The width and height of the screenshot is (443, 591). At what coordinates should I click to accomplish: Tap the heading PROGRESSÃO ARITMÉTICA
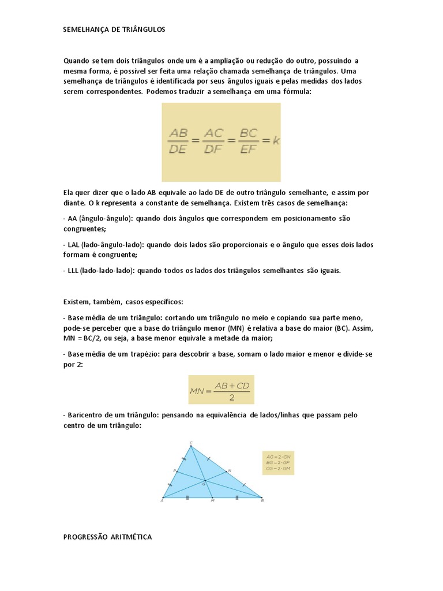[x=107, y=537]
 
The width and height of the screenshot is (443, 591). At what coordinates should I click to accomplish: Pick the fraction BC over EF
[x=248, y=140]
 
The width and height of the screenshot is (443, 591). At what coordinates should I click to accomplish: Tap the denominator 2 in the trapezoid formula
[x=231, y=397]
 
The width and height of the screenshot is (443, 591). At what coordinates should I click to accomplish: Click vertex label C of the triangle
[x=191, y=443]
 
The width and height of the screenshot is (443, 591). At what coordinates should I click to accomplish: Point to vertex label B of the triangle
[x=263, y=500]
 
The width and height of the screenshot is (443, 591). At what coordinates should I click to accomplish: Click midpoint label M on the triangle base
[x=212, y=501]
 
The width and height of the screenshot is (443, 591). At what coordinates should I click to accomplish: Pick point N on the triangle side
[x=229, y=470]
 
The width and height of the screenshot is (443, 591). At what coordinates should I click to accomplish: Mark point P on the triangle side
[x=174, y=470]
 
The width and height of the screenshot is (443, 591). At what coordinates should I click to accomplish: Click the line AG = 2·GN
[x=277, y=457]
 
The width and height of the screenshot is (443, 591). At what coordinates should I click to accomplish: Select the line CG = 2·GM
[x=277, y=468]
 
